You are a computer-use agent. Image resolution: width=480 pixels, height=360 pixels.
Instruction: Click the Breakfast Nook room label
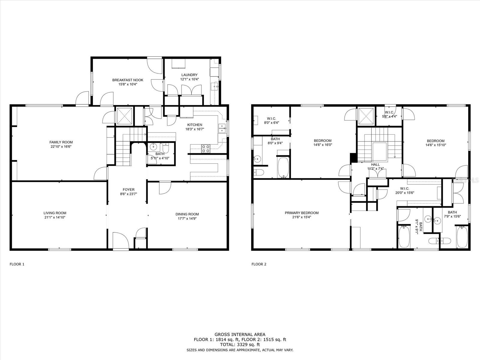127,80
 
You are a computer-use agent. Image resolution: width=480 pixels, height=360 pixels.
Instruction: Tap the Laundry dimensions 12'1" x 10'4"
189,79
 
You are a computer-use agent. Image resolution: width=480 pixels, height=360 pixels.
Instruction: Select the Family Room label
61,142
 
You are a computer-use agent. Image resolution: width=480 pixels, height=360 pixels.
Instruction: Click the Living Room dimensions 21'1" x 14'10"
55,217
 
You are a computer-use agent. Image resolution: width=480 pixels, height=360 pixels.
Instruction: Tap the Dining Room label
187,214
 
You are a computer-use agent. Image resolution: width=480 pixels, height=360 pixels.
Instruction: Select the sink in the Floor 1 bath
153,147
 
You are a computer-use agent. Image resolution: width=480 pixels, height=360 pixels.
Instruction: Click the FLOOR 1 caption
17,264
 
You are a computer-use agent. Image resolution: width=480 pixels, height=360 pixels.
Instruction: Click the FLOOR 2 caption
259,264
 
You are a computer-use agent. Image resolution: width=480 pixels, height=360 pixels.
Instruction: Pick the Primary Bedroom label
301,213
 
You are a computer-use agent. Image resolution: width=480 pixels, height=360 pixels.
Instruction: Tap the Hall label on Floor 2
375,164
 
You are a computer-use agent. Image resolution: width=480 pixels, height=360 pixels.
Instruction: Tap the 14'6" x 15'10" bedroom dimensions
436,145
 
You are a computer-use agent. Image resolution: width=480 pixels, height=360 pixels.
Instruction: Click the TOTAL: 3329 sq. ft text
240,344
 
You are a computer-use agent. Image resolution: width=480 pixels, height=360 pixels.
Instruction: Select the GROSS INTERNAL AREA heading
240,334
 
